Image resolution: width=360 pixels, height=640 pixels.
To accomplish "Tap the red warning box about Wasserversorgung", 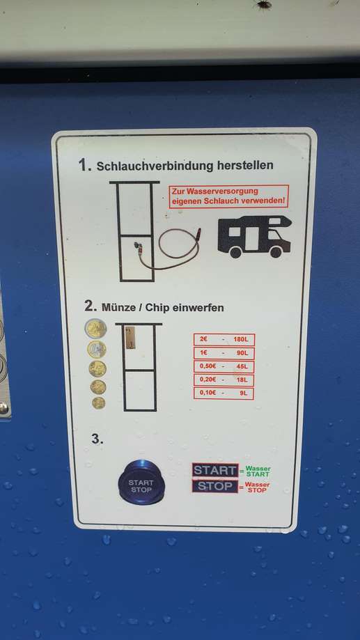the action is [229, 196].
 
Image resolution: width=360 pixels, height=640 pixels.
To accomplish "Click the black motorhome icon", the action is [255, 236].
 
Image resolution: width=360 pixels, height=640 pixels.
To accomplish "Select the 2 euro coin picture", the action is [96, 329].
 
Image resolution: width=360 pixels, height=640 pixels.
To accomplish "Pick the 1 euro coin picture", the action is [97, 350].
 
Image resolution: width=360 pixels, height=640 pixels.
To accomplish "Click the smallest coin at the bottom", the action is [98, 403].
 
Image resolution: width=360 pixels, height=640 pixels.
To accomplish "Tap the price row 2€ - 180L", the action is [224, 340].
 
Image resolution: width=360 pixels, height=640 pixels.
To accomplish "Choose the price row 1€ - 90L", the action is [224, 353].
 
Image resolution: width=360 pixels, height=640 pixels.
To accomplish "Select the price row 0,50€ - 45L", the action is [224, 366].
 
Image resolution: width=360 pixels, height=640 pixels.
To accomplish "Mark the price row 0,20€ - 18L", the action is [224, 380].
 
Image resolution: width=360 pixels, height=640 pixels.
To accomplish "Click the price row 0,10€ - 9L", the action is [224, 393].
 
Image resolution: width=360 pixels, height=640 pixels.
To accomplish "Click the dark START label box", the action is [215, 470].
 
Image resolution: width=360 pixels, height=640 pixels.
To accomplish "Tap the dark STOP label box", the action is [215, 486].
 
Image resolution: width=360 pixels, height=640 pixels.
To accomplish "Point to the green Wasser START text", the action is [258, 471].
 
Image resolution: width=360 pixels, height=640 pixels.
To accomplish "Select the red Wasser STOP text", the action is [258, 487].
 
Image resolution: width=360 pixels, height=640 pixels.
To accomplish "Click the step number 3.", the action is [97, 439].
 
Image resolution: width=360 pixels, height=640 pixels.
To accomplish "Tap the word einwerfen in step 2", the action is [198, 308].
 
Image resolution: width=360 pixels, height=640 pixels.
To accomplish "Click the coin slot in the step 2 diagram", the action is [130, 338].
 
